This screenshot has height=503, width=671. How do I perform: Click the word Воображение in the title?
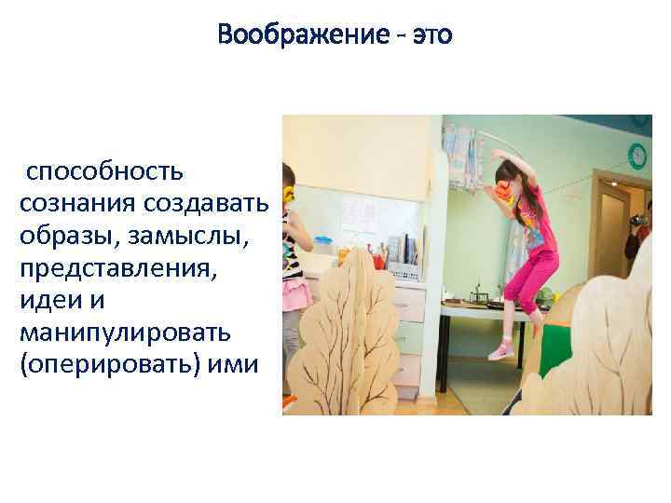[x=300, y=36]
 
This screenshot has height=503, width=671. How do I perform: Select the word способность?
[x=104, y=171]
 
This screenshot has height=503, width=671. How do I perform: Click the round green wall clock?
[x=637, y=155]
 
